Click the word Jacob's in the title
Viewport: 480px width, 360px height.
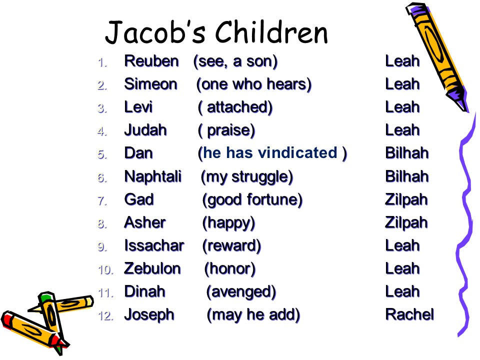(x=155, y=32)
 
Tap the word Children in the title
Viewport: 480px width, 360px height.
(x=271, y=32)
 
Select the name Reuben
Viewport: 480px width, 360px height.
(x=151, y=61)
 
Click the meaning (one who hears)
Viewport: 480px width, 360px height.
(x=254, y=84)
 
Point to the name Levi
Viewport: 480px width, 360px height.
(x=138, y=107)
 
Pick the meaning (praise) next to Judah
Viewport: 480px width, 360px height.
(x=226, y=130)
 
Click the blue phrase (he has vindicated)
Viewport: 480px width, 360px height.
(x=272, y=153)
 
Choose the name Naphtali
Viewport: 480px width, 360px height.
(x=153, y=177)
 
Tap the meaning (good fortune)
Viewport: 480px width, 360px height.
(x=252, y=200)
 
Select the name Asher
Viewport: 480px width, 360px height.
(x=145, y=222)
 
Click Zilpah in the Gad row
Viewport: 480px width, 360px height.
(x=406, y=200)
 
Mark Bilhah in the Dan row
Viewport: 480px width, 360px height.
(x=407, y=153)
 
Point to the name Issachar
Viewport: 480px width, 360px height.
(x=154, y=245)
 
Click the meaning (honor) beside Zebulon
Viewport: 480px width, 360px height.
(x=230, y=269)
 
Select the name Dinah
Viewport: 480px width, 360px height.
(x=145, y=291)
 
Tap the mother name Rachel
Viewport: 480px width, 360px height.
(x=409, y=314)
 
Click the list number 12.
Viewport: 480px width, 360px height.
(x=106, y=315)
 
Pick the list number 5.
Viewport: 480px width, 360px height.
(x=102, y=154)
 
